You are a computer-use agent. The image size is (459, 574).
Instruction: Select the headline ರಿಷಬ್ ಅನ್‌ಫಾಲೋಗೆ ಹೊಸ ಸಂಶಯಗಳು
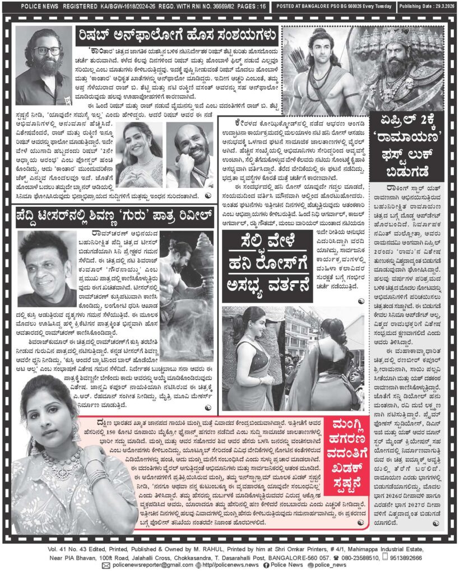click(178, 38)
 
